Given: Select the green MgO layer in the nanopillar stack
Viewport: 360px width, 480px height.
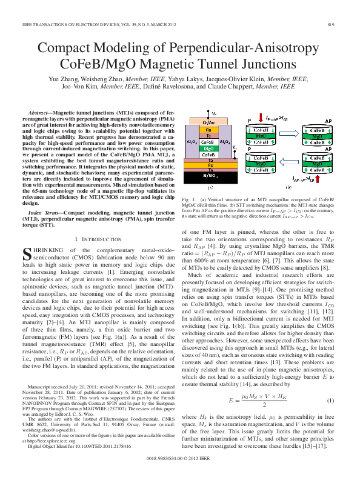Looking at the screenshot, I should pos(208,148).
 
